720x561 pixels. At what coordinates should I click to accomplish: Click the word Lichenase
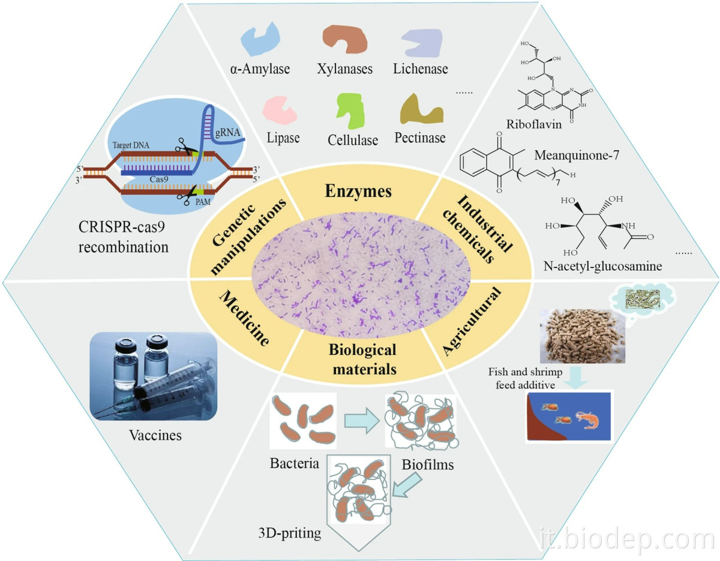click(x=421, y=68)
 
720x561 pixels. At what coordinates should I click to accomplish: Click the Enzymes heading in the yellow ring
click(x=358, y=192)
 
